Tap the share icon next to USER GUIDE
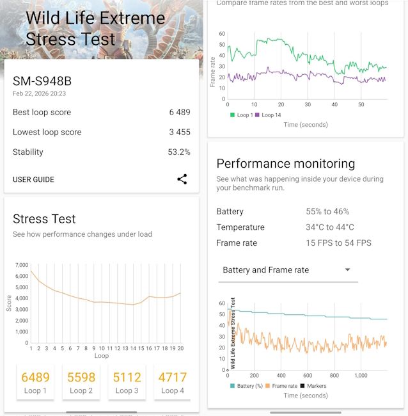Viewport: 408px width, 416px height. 182,179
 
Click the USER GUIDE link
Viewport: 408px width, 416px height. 33,180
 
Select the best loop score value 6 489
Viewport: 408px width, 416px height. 180,112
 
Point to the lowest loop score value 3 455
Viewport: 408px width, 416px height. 180,132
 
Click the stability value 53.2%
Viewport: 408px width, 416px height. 178,152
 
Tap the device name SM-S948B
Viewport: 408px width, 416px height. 42,81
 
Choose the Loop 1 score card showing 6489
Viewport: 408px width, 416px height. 36,382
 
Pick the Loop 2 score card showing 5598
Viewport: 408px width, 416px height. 81,382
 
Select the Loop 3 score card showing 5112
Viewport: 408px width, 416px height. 127,382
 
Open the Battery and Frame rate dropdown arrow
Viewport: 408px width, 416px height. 348,269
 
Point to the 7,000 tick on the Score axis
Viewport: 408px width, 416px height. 21,265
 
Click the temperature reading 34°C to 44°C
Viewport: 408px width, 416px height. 330,227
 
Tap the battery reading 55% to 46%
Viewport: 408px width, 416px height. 327,211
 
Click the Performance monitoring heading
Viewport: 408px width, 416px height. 286,163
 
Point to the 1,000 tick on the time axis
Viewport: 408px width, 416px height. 361,376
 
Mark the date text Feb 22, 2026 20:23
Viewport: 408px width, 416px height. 39,93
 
